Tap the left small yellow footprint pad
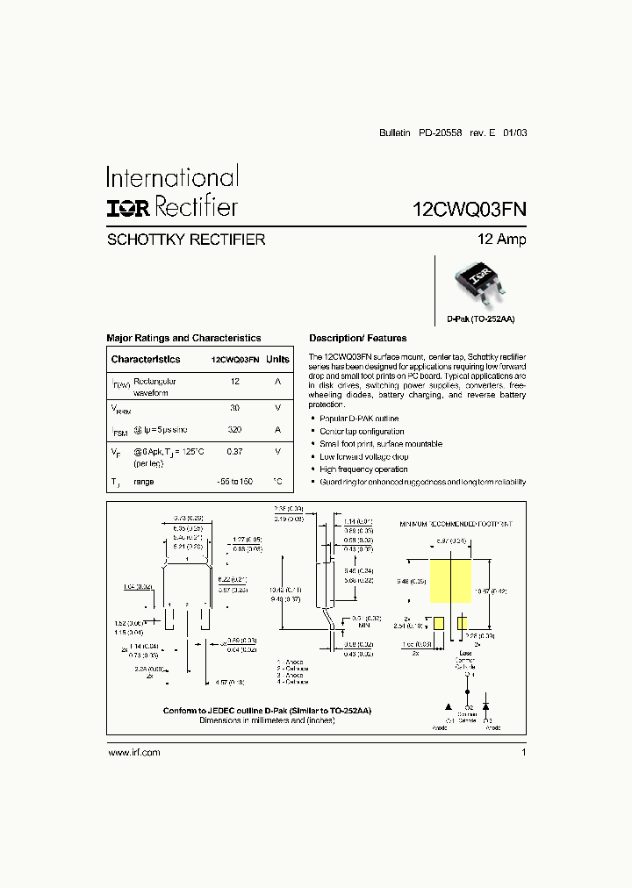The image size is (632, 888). [x=437, y=623]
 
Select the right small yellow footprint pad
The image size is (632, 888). [x=462, y=623]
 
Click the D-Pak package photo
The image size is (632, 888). [x=479, y=281]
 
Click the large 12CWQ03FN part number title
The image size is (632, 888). [x=470, y=209]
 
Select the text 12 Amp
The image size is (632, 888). [x=501, y=240]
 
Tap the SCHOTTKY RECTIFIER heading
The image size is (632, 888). [x=185, y=240]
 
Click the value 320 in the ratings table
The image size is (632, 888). [x=234, y=430]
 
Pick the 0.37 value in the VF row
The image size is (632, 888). [x=234, y=451]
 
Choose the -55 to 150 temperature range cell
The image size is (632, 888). [x=234, y=483]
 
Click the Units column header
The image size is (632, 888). [x=277, y=360]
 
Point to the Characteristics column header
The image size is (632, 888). [x=146, y=360]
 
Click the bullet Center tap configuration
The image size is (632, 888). [x=362, y=432]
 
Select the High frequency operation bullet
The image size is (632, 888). [x=363, y=469]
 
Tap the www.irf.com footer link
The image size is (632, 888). [x=133, y=753]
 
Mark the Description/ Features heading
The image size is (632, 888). [x=358, y=338]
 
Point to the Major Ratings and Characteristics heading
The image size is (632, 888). [x=183, y=338]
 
